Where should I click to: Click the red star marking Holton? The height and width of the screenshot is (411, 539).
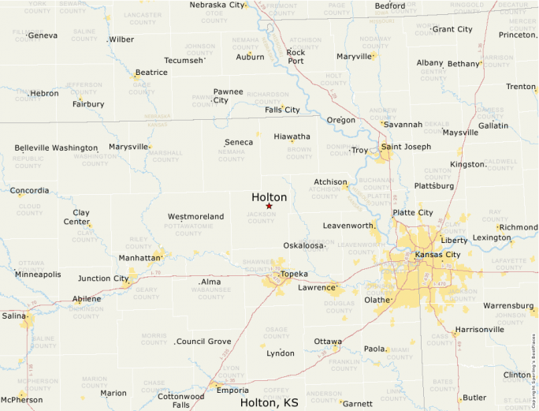click(269, 206)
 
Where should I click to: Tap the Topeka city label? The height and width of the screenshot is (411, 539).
click(294, 274)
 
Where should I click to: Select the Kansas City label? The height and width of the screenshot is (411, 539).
click(437, 255)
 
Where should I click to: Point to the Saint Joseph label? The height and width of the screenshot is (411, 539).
click(406, 147)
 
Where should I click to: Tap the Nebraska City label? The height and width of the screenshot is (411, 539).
click(217, 5)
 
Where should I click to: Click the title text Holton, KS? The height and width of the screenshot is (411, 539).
click(269, 402)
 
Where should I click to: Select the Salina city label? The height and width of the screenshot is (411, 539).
click(13, 316)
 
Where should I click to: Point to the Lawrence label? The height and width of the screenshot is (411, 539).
click(316, 288)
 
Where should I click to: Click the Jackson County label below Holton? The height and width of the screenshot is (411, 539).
click(261, 218)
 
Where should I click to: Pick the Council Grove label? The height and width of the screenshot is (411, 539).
click(203, 342)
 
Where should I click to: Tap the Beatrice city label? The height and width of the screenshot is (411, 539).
click(151, 73)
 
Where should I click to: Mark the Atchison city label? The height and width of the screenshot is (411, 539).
click(330, 182)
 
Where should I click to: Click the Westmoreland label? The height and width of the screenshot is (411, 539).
click(195, 216)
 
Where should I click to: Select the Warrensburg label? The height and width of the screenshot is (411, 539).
click(508, 305)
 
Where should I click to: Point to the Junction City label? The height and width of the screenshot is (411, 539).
click(103, 278)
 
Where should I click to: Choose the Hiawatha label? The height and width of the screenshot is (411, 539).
click(292, 136)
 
